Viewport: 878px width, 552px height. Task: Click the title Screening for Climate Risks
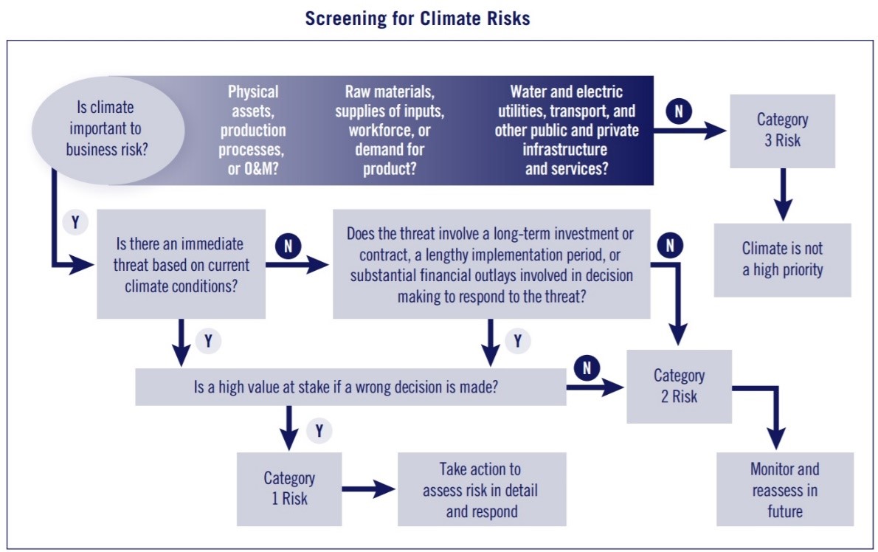(417, 18)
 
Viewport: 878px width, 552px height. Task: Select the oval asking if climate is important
(108, 129)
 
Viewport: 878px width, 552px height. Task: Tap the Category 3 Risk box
(782, 131)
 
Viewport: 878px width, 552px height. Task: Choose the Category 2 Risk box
(679, 386)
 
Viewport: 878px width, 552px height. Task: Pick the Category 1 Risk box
(289, 489)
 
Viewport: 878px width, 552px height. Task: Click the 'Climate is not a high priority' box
(782, 260)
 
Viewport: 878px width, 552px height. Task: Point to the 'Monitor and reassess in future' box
(784, 489)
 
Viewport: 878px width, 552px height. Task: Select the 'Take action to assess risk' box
(482, 489)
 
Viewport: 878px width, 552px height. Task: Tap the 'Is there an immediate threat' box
(181, 264)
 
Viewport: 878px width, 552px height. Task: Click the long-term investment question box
(491, 264)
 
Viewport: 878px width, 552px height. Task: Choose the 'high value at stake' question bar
(350, 387)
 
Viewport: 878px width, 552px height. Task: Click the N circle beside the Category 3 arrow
(679, 111)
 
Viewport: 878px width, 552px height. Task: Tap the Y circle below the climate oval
(75, 222)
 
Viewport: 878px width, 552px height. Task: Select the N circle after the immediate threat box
(288, 246)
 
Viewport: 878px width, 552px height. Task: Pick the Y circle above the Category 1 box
(319, 430)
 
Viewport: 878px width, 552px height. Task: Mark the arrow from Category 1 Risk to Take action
(368, 489)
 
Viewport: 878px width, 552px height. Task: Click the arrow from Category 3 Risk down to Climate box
(783, 194)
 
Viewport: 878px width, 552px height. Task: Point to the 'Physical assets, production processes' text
(252, 130)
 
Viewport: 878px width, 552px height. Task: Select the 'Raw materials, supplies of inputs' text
(389, 130)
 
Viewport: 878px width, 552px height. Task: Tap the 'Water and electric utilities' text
(566, 130)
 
